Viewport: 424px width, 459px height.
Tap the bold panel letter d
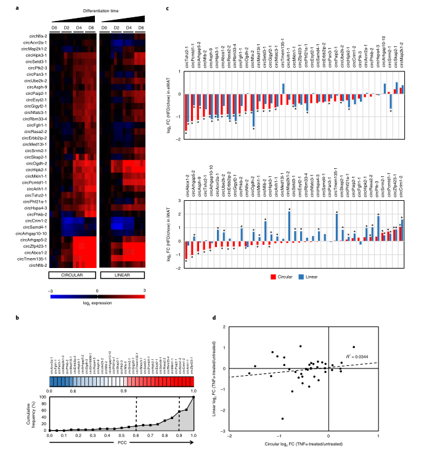click(x=213, y=316)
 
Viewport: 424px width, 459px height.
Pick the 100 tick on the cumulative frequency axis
click(x=43, y=397)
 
